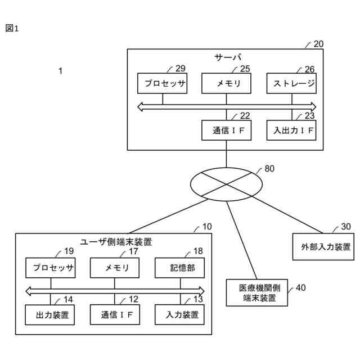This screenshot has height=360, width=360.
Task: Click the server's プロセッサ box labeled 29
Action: [162, 83]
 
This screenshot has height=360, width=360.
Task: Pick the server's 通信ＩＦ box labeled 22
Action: [227, 130]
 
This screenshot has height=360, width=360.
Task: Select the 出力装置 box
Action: [51, 314]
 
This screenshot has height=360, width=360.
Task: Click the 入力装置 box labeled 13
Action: [180, 314]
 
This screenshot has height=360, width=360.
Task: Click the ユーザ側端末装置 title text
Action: [116, 242]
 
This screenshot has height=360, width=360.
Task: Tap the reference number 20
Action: [318, 43]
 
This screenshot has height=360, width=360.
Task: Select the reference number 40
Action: [301, 288]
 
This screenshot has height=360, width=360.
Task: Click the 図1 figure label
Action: [12, 29]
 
